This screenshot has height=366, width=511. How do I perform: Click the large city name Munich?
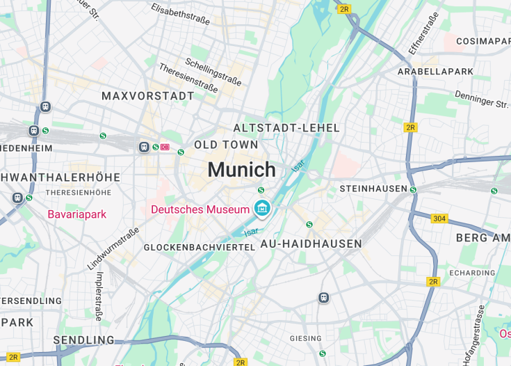241,170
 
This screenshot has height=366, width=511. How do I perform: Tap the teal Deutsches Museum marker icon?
262,207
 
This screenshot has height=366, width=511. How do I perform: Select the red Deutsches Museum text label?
200,209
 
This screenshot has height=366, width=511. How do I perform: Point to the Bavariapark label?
76,214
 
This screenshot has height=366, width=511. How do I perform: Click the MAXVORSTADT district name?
148,95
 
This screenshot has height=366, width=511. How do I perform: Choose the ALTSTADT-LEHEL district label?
286,128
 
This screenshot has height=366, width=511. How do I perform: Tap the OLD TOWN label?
226,145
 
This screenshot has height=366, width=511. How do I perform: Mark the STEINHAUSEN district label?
373,189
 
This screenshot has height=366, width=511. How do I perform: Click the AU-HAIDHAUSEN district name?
311,244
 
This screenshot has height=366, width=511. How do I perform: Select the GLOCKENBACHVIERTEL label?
200,247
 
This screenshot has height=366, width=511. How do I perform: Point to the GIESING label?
306,339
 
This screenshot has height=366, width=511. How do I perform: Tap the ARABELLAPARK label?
435,72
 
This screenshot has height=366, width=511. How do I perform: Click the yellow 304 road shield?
439,218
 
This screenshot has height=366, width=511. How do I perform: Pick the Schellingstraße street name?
213,72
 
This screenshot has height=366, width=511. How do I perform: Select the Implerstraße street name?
99,296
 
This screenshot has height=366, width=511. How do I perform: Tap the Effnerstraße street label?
423,33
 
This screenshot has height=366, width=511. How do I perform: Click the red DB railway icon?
165,147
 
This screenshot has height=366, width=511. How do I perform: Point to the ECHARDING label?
472,273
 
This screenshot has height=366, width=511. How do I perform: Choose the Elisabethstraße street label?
180,13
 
